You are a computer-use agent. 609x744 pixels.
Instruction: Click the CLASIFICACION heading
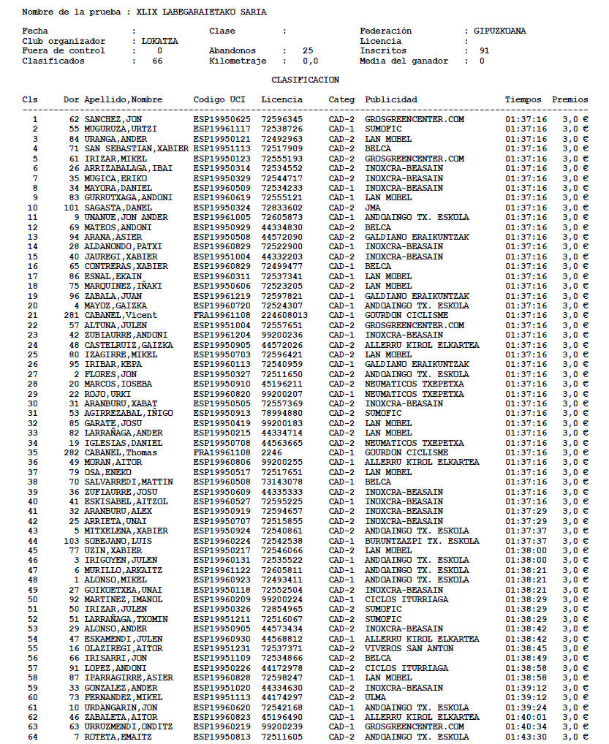[x=305, y=80]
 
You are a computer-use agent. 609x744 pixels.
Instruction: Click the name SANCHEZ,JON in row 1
[x=113, y=119]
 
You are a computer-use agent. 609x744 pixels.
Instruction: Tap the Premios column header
[x=570, y=99]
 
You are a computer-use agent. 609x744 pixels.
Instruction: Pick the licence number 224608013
[x=284, y=315]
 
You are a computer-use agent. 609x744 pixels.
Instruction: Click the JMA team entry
[x=373, y=208]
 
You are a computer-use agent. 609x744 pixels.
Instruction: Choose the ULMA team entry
[x=375, y=697]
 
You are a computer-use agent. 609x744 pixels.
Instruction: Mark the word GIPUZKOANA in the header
[x=499, y=31]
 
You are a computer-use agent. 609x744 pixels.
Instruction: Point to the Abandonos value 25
[x=308, y=51]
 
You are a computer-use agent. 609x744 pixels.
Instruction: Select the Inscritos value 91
[x=484, y=51]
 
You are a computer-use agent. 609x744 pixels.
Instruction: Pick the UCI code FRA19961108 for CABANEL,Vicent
[x=222, y=315]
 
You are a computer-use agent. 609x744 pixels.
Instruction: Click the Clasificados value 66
[x=157, y=61]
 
